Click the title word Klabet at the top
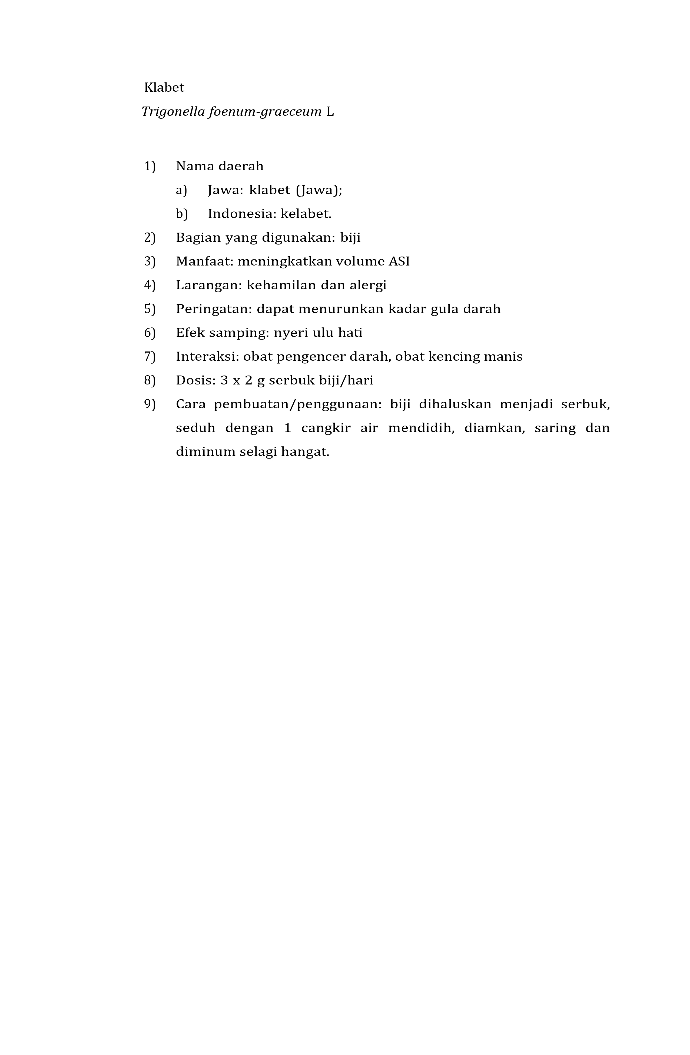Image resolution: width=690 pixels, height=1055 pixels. pyautogui.click(x=164, y=87)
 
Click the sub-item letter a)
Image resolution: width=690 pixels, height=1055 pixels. pyautogui.click(x=181, y=190)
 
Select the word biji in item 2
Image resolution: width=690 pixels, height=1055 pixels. pyautogui.click(x=350, y=238)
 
